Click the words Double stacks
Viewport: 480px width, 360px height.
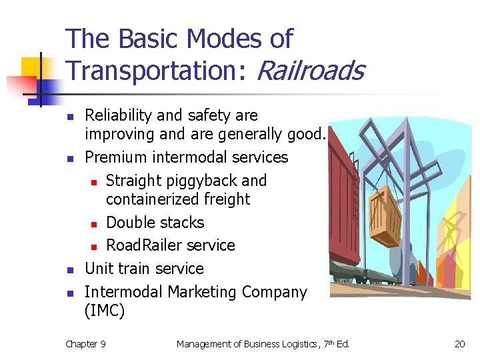pyautogui.click(x=155, y=223)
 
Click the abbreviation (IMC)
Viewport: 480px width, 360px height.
pyautogui.click(x=105, y=311)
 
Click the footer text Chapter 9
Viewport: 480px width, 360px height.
pyautogui.click(x=85, y=344)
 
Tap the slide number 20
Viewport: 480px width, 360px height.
pyautogui.click(x=460, y=344)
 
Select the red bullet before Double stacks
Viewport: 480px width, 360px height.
pyautogui.click(x=95, y=223)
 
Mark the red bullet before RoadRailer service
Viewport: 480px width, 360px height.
pyautogui.click(x=95, y=247)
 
